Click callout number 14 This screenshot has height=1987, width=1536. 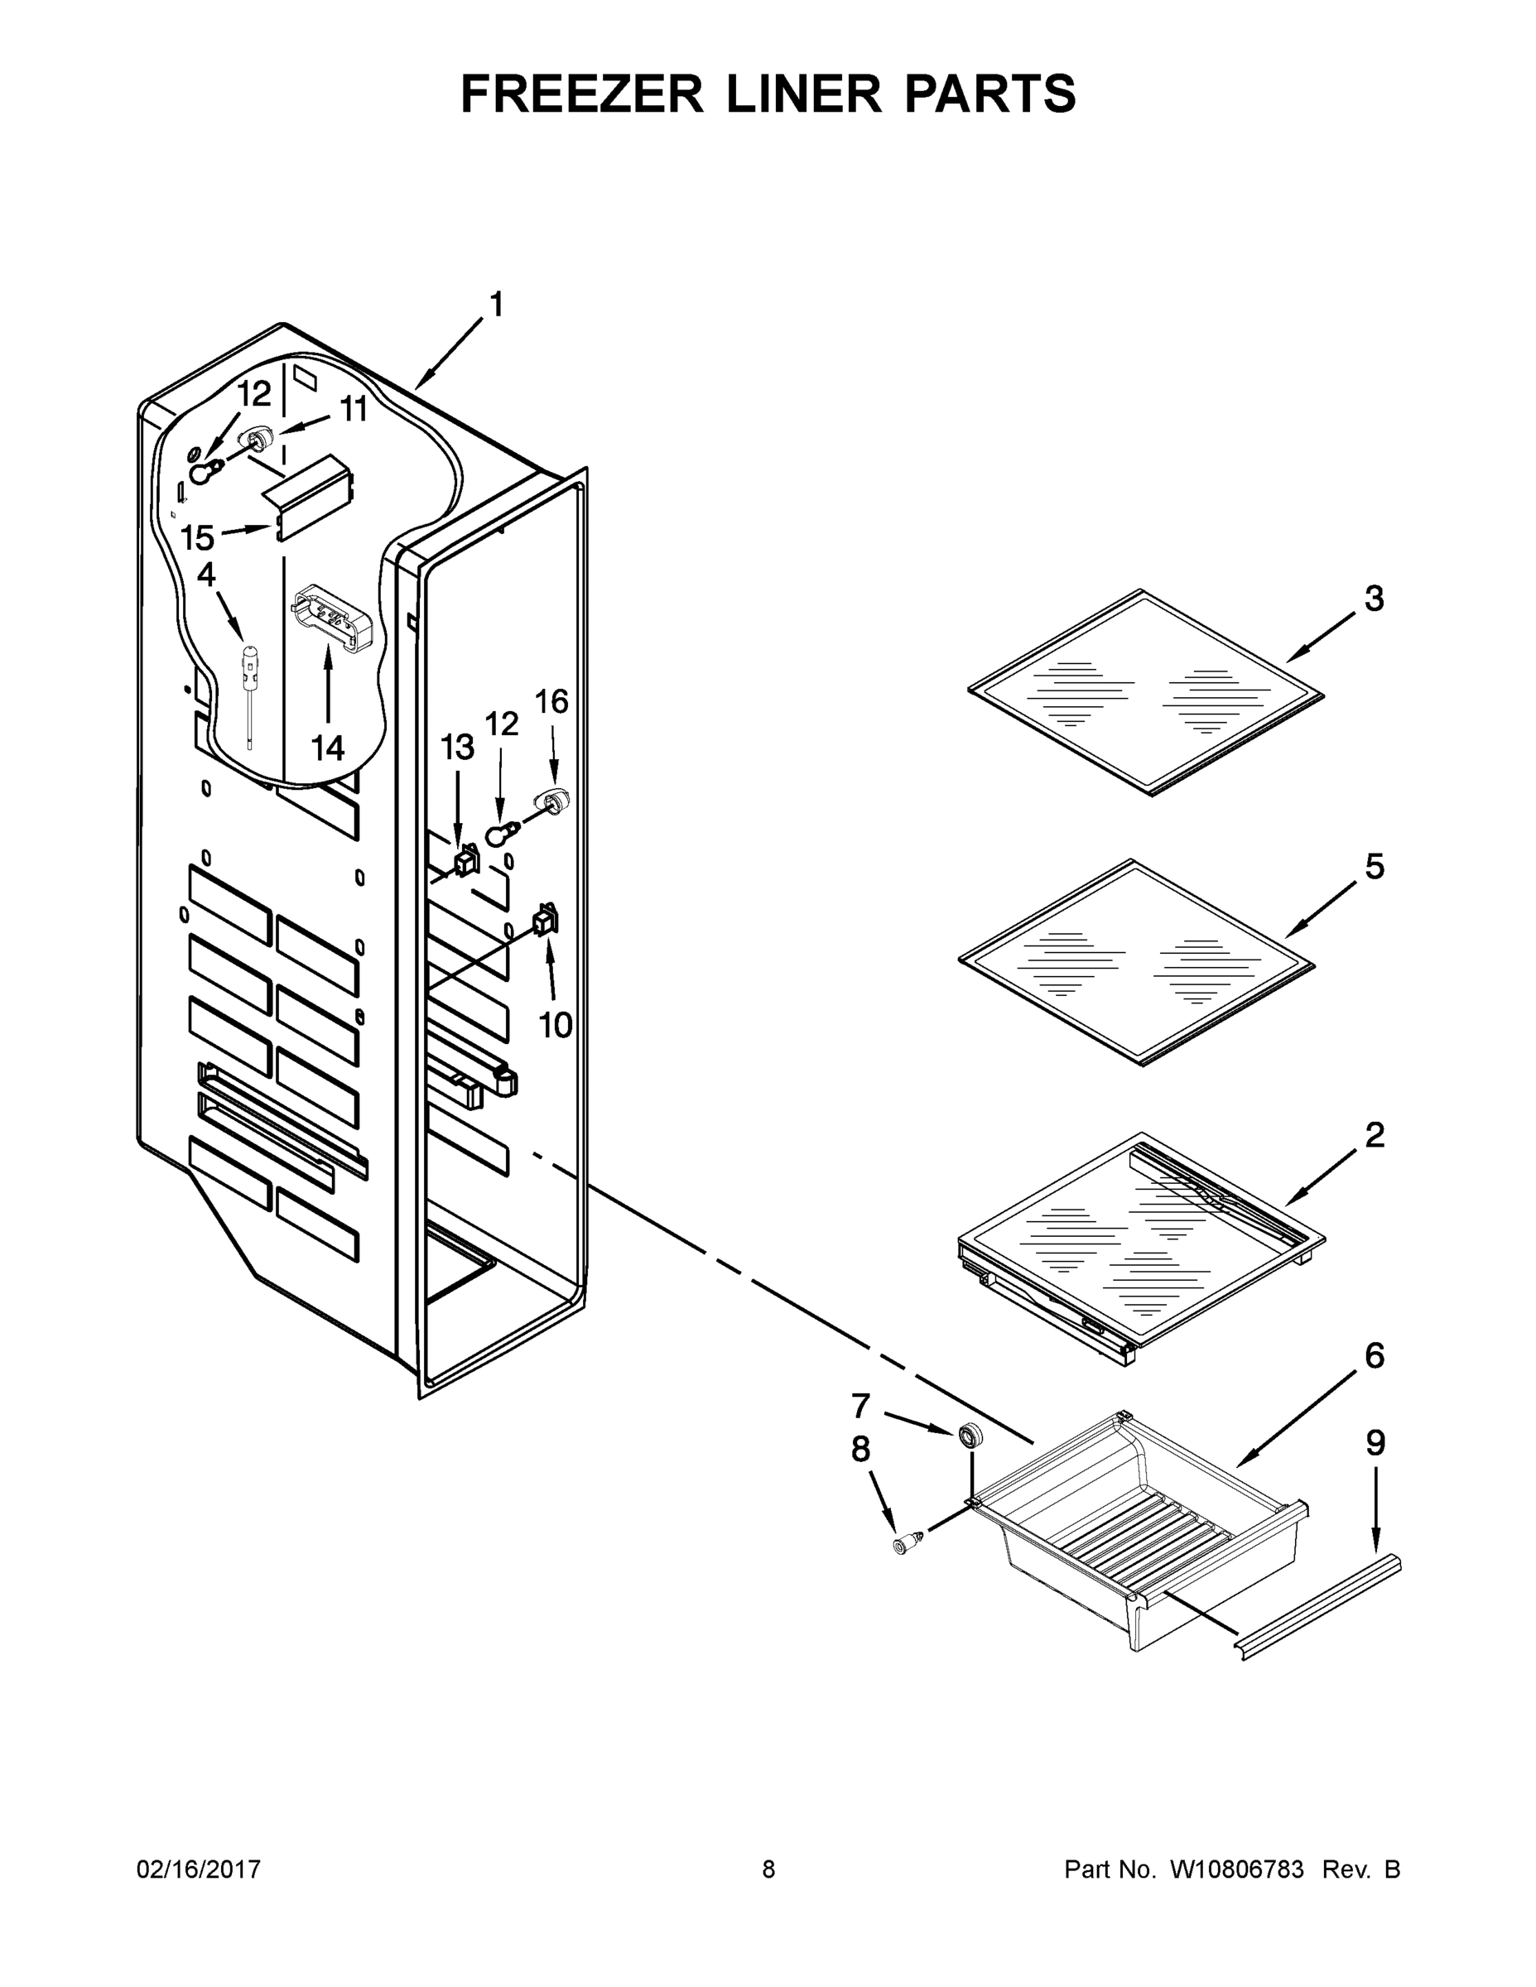point(328,748)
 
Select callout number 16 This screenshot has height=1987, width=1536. point(551,701)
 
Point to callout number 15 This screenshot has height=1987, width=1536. point(196,536)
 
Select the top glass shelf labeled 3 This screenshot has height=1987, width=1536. point(1147,693)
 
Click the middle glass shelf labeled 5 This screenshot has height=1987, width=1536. point(1138,963)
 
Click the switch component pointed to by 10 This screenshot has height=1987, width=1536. point(545,921)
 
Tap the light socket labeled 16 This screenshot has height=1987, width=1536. point(553,801)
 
